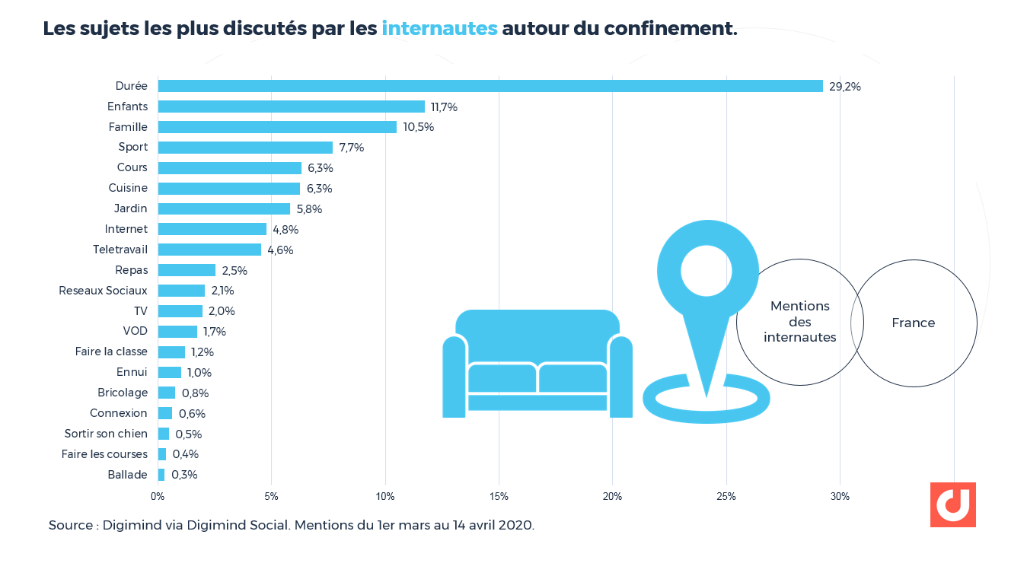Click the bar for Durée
(x=490, y=86)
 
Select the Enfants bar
(x=291, y=107)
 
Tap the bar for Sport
(x=245, y=148)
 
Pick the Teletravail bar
(x=209, y=250)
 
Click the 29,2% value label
(x=845, y=87)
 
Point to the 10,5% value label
(x=419, y=127)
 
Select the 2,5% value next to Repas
(x=234, y=270)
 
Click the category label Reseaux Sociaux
(x=103, y=291)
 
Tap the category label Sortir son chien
(x=106, y=434)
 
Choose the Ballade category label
(x=127, y=475)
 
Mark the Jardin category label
(x=130, y=208)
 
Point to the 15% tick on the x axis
(x=499, y=497)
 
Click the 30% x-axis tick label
(x=840, y=497)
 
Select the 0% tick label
(x=158, y=497)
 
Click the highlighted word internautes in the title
(x=439, y=28)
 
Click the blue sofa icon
(x=537, y=364)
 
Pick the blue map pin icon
(x=707, y=304)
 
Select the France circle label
(x=913, y=323)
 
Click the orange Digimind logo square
(x=952, y=504)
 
